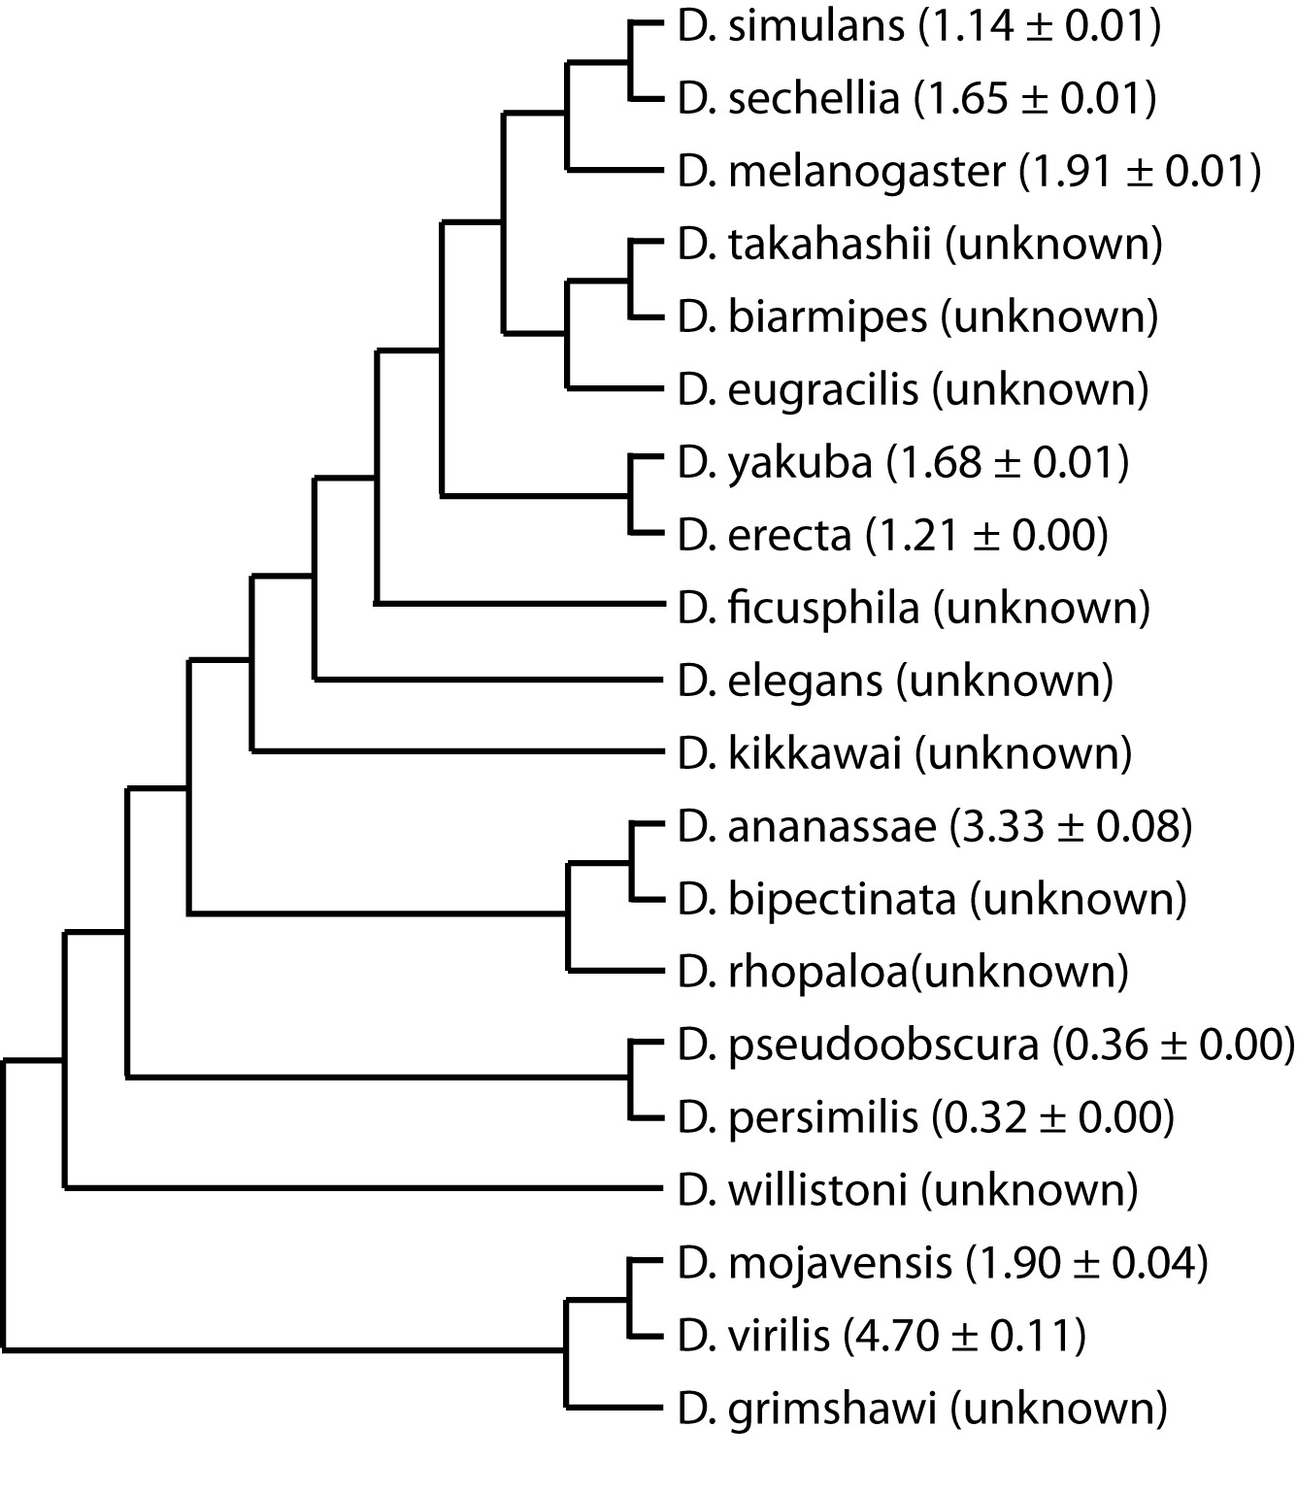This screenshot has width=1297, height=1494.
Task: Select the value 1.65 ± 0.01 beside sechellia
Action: pyautogui.click(x=1034, y=99)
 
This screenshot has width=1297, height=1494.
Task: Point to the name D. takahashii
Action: pyautogui.click(x=804, y=244)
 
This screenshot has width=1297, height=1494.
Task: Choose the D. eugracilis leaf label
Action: pyautogui.click(x=797, y=390)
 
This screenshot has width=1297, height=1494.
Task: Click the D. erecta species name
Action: pyautogui.click(x=765, y=535)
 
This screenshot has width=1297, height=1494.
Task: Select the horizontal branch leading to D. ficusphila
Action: pyautogui.click(x=520, y=604)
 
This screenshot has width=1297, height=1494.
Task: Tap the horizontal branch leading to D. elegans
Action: pyautogui.click(x=489, y=680)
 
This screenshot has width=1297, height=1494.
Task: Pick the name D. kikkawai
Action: pyautogui.click(x=789, y=753)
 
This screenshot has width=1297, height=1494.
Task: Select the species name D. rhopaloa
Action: pyautogui.click(x=792, y=972)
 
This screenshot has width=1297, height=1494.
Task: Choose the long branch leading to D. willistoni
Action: pyautogui.click(x=364, y=1188)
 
